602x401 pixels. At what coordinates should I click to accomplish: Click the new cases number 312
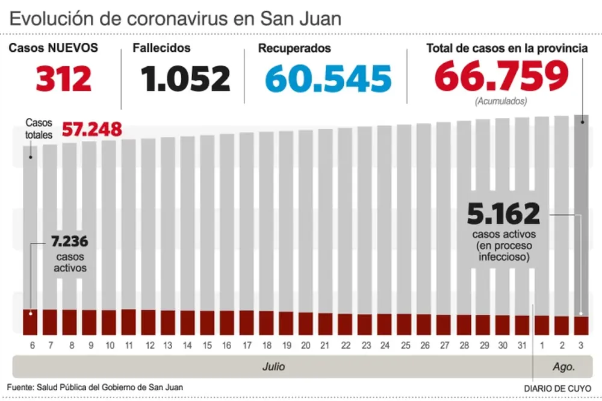coord(63,78)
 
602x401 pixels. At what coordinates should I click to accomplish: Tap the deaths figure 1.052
coord(185,78)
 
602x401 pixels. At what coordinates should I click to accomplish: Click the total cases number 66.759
coord(501,76)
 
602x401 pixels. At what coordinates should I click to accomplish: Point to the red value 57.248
coord(92,129)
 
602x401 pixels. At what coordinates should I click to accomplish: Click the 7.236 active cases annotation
coord(70,242)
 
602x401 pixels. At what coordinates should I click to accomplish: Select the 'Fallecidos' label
coord(161,48)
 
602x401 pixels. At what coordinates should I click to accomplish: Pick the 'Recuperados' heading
coord(294,48)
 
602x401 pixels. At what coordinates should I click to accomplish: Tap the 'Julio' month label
coord(273,366)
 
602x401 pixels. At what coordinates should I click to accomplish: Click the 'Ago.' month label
coord(565,366)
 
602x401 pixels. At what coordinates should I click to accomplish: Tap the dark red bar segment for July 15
coord(207,322)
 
